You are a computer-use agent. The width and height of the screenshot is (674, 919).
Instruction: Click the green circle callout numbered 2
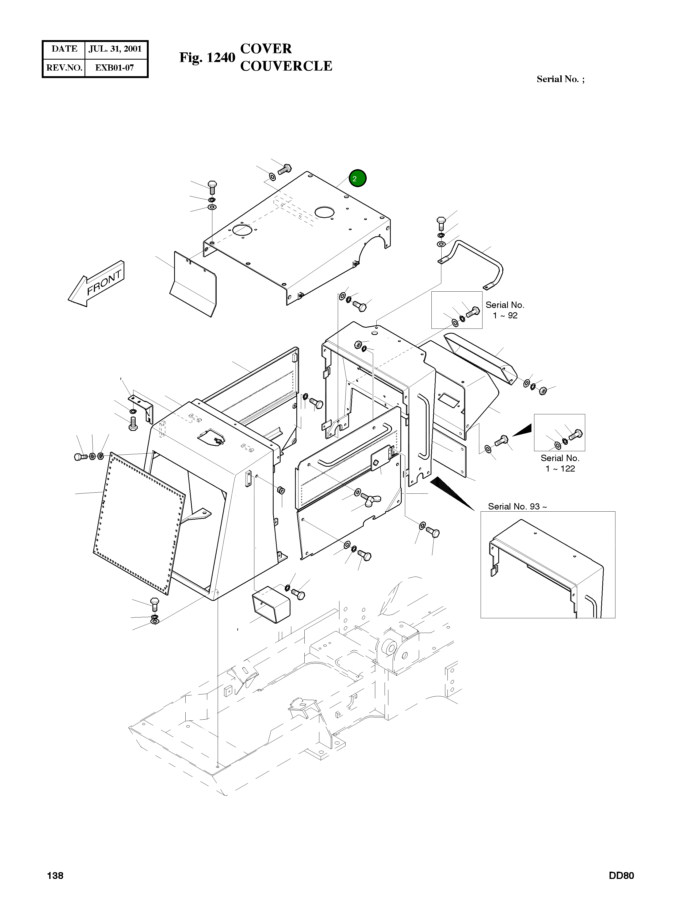(357, 179)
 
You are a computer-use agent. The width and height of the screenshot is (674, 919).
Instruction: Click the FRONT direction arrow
(97, 284)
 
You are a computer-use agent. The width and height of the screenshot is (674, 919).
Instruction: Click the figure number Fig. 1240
(207, 57)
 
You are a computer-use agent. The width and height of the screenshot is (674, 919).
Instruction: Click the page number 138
(55, 875)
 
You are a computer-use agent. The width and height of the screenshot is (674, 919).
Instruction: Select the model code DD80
(621, 875)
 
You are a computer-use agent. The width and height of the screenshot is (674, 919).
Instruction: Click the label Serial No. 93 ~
(517, 506)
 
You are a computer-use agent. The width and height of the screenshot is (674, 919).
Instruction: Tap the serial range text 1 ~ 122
(560, 469)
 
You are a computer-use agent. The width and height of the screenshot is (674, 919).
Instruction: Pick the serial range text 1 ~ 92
(505, 316)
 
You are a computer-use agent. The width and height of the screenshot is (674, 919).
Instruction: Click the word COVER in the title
(266, 49)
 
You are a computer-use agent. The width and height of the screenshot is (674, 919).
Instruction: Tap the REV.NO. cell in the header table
(64, 68)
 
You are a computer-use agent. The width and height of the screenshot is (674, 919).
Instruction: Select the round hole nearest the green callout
(325, 212)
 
